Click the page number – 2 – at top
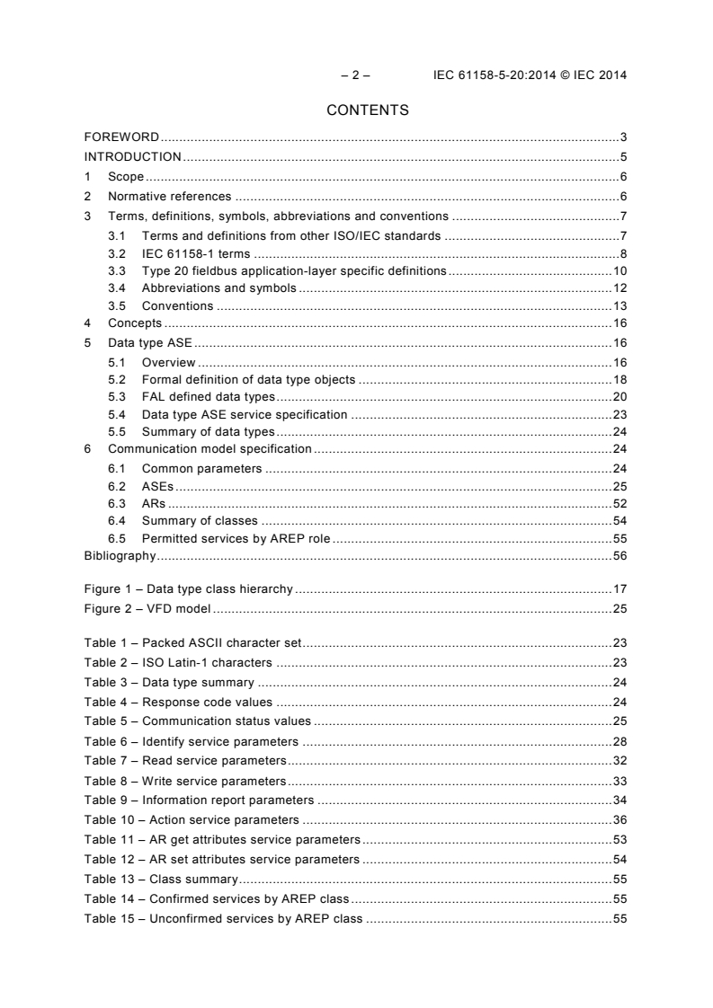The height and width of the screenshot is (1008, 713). coord(343,75)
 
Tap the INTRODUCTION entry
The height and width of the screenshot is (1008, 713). coord(132,157)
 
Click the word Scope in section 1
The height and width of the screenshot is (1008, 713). coord(126,177)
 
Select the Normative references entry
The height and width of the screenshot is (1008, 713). coord(169,197)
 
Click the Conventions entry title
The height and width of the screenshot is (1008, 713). coord(177,305)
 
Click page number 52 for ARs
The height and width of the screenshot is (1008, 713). coord(619,503)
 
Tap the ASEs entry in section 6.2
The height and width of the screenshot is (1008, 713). coord(157,486)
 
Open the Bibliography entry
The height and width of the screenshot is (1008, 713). coord(120,556)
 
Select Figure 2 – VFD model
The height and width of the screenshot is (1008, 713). coord(147,609)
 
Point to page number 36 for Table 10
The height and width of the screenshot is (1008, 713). coord(619,819)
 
